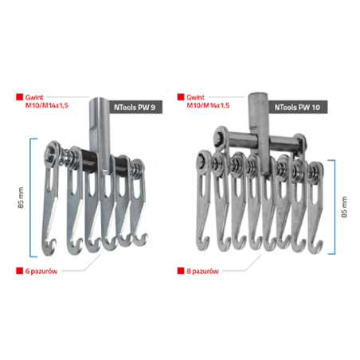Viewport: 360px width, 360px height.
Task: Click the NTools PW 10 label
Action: point(297,108)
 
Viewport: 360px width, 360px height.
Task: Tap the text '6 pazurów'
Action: point(41,271)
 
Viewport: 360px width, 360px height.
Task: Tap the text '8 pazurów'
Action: point(202,271)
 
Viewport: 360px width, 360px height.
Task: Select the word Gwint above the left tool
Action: point(34,97)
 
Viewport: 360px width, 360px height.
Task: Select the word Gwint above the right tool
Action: point(196,97)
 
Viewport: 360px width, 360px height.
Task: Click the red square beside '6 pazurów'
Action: point(19,271)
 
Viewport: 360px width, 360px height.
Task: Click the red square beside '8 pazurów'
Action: point(181,271)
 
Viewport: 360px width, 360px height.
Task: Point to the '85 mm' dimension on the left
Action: point(21,198)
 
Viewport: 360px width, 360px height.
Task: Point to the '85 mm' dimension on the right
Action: point(344,207)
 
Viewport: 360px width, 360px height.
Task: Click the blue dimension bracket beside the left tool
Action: point(30,198)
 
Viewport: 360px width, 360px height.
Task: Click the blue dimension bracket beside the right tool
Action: point(335,207)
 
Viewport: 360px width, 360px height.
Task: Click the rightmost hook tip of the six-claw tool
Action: point(146,235)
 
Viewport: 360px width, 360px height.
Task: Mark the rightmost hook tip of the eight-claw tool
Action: point(321,242)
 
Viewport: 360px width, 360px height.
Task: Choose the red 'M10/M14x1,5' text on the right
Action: point(208,105)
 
